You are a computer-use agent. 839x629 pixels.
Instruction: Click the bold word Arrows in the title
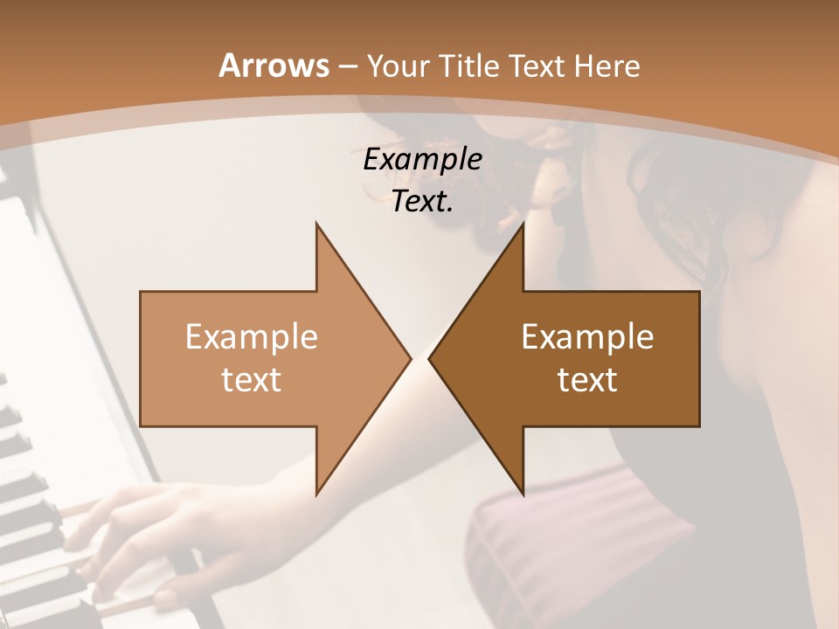(x=274, y=66)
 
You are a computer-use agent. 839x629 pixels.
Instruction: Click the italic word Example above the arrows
(x=422, y=159)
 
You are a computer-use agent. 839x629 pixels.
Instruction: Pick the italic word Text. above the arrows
(x=422, y=201)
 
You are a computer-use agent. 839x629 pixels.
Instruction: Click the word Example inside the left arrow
(x=252, y=336)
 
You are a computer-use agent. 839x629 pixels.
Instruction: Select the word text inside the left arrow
(x=252, y=379)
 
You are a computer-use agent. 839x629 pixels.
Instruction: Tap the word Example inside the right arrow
(x=587, y=336)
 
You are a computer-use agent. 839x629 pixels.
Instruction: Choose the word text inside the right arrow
(x=587, y=379)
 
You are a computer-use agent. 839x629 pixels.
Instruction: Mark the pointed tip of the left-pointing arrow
(x=430, y=358)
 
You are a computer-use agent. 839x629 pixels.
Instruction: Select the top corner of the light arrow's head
(x=317, y=225)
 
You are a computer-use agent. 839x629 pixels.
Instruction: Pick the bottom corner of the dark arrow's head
(x=523, y=494)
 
